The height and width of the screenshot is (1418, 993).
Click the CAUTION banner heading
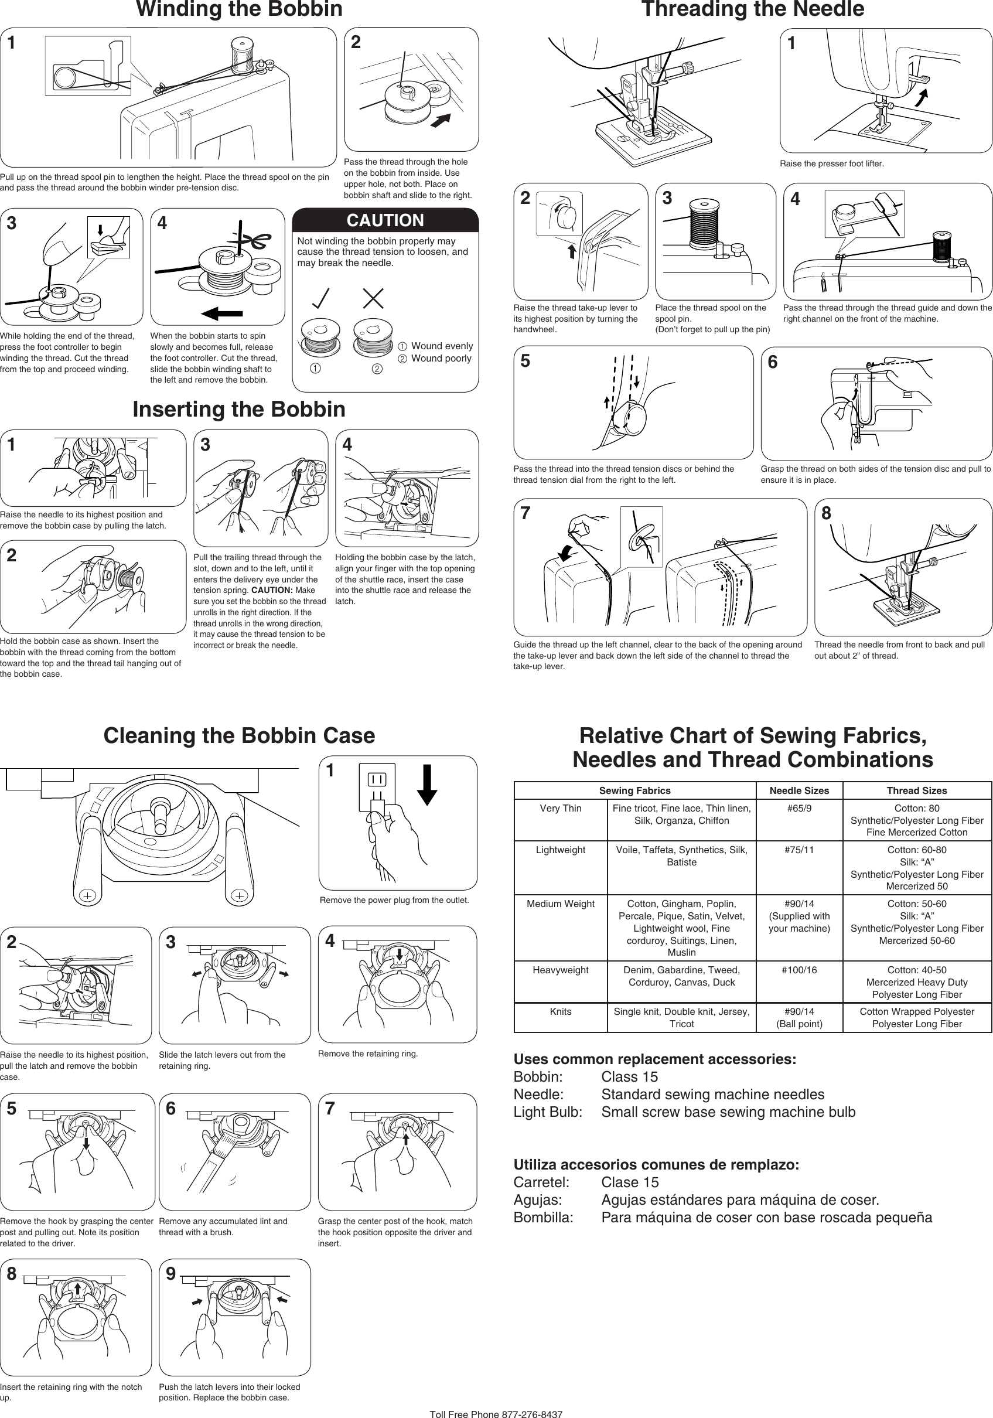click(385, 220)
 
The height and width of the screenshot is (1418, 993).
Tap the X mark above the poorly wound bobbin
click(373, 298)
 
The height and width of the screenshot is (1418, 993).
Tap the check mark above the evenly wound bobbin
click(320, 298)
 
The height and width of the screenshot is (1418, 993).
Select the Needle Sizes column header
click(799, 790)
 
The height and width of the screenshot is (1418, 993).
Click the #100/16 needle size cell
click(799, 970)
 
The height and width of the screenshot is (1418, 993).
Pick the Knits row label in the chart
click(560, 1011)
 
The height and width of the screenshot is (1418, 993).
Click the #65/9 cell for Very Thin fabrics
click(799, 809)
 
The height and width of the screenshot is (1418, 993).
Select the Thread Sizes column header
click(916, 790)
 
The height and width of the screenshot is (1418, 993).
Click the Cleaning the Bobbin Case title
click(239, 735)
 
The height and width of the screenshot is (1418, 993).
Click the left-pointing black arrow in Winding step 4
click(221, 313)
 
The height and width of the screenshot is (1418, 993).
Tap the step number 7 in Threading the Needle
click(525, 513)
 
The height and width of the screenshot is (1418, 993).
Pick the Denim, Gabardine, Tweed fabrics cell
click(681, 976)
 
